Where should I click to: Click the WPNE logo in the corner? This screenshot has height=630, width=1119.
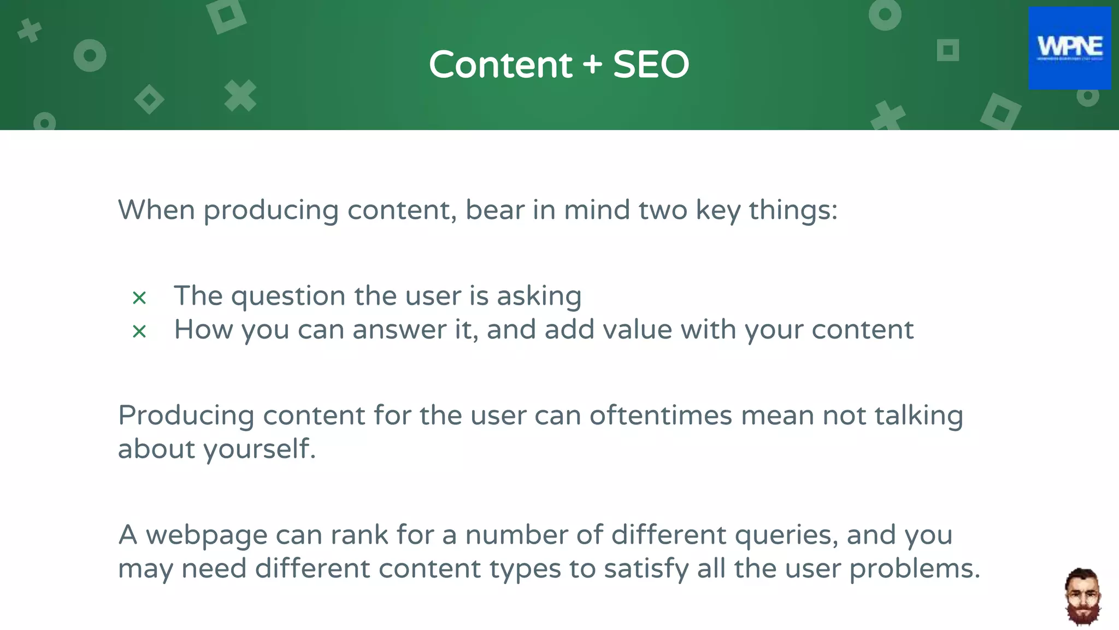tap(1069, 48)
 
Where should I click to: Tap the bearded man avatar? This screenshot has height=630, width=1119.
tap(1082, 597)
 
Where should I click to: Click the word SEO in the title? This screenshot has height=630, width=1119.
tap(651, 65)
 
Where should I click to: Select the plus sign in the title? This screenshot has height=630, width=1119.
tap(592, 65)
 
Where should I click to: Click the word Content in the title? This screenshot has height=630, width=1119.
tap(500, 65)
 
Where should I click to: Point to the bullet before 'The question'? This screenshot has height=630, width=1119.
tap(139, 298)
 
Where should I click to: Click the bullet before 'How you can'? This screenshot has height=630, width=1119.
tap(139, 331)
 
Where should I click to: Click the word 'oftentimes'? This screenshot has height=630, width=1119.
tap(661, 416)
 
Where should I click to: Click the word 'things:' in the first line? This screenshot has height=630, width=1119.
tap(793, 211)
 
